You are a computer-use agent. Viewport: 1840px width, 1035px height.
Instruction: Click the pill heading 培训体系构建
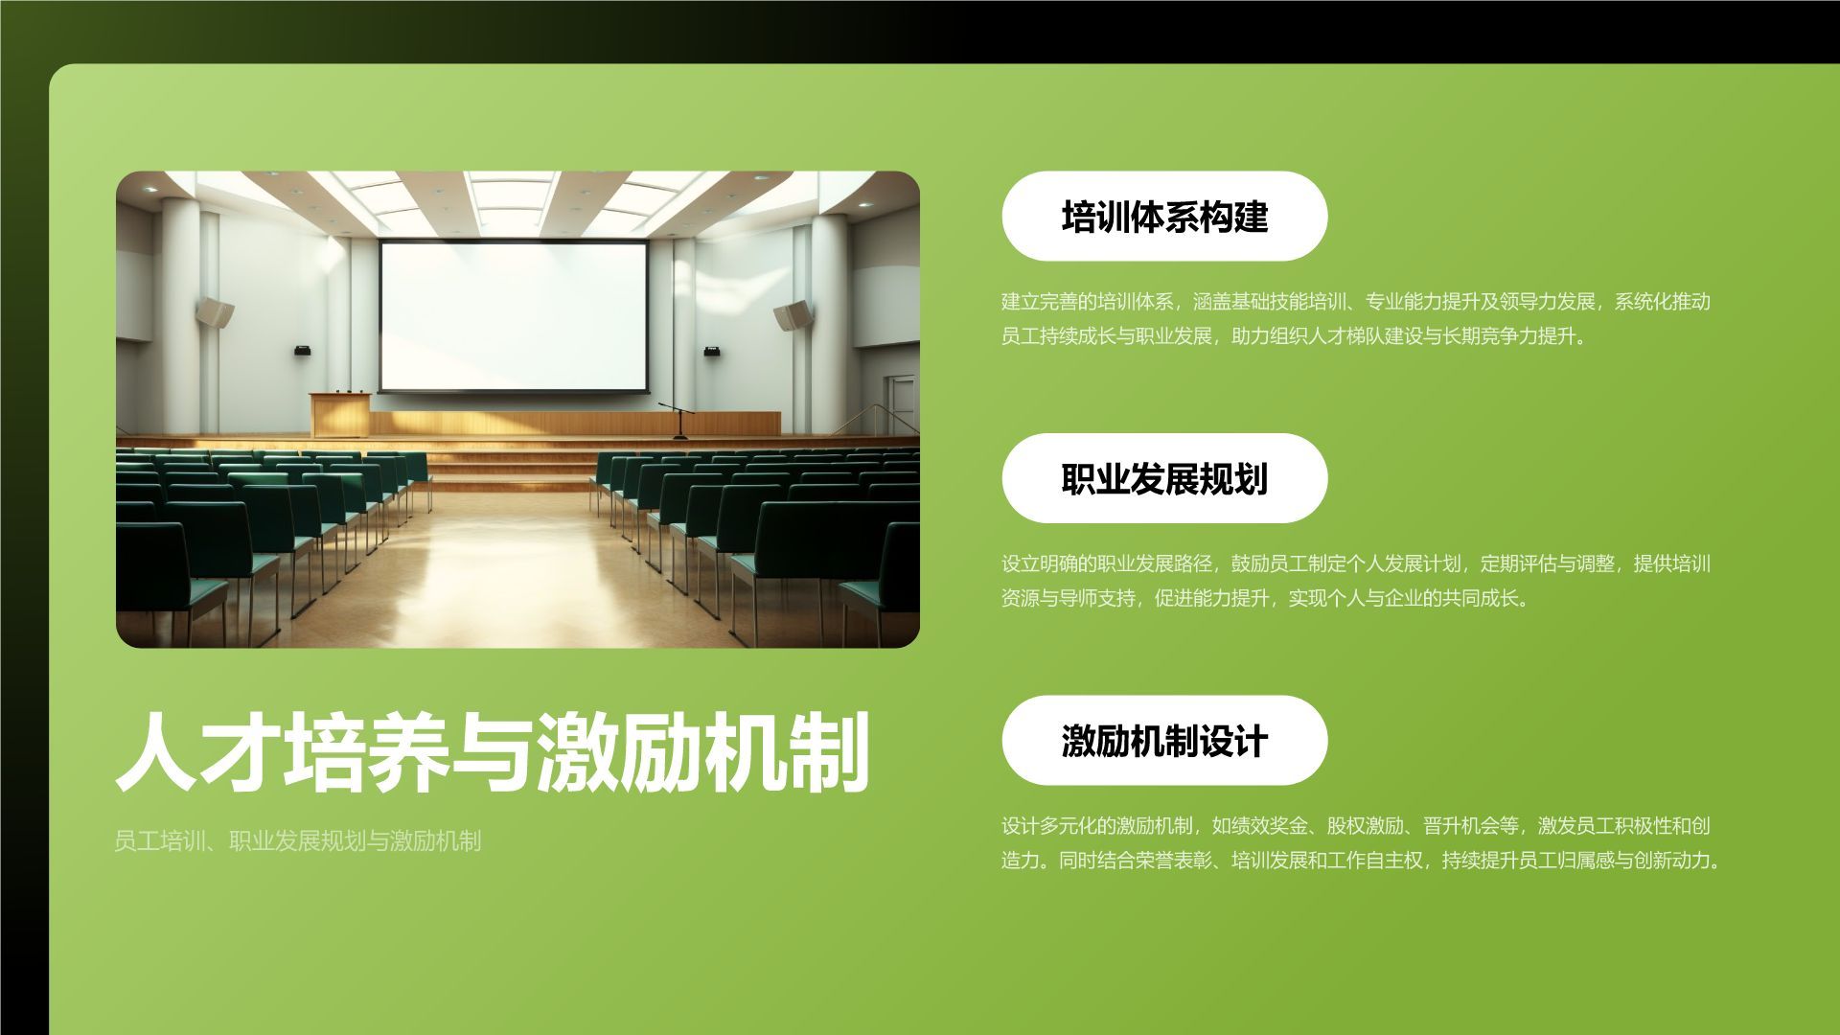(x=1164, y=217)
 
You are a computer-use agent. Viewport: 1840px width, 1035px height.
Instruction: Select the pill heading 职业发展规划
(x=1164, y=478)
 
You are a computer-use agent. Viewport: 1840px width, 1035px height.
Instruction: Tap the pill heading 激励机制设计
(x=1164, y=741)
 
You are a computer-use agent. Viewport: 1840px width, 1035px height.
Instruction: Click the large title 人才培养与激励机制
(x=492, y=753)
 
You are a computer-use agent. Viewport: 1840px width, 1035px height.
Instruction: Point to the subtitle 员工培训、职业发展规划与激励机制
(x=297, y=841)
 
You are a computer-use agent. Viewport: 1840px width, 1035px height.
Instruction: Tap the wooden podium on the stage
(x=339, y=414)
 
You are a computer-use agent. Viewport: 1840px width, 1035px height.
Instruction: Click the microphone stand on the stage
(x=679, y=420)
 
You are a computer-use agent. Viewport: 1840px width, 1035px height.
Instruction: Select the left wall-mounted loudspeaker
(x=216, y=311)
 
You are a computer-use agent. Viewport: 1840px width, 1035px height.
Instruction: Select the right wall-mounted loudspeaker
(x=793, y=314)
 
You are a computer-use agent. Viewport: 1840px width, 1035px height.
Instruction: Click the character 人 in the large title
(x=157, y=753)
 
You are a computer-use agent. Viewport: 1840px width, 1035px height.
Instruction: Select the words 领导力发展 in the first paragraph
(x=1547, y=302)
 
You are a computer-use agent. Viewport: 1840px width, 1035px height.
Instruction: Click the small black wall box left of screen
(x=303, y=350)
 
